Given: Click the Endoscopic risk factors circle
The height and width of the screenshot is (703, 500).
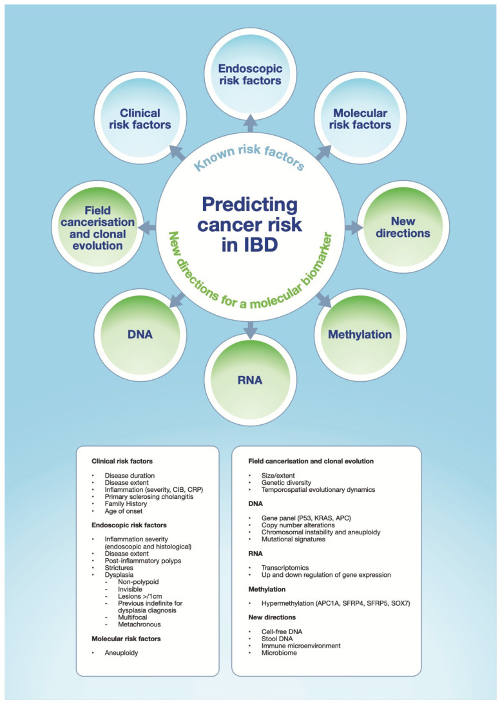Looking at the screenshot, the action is [250, 75].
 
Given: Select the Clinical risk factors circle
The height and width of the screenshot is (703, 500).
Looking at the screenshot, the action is [140, 119].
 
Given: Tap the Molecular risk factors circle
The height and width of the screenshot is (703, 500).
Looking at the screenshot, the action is [360, 119].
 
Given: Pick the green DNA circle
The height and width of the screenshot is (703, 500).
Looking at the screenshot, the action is [140, 335].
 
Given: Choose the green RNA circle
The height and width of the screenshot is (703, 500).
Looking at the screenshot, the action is [250, 380].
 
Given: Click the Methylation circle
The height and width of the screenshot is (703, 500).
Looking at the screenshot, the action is [360, 335].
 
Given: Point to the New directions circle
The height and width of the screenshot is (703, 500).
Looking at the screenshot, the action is [403, 227].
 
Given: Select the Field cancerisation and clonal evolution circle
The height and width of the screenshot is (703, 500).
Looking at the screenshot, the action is [97, 228].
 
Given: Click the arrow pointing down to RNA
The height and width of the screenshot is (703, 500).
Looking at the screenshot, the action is [251, 330].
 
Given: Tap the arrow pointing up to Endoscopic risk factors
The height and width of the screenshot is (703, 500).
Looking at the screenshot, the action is [251, 123].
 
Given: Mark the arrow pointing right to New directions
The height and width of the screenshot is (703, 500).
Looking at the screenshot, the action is [354, 227].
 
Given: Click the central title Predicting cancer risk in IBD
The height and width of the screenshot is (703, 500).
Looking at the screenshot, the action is [250, 225].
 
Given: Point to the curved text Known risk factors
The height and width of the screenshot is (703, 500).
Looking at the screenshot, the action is [249, 158].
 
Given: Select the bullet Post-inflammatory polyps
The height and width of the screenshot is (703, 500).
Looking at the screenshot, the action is [143, 561].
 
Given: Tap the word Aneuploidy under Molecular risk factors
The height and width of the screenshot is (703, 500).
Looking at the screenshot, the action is [121, 653].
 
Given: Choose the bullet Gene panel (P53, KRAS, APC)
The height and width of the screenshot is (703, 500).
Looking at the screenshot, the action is [306, 518].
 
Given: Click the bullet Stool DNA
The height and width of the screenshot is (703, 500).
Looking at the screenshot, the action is [277, 639].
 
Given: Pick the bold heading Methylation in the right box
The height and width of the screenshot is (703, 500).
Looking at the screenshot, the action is [267, 589].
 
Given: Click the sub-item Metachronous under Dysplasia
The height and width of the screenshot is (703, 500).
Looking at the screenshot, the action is [139, 624].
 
